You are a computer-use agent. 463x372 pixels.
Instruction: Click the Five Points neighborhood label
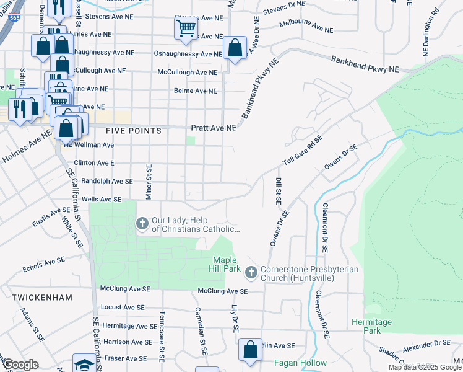coord(134,131)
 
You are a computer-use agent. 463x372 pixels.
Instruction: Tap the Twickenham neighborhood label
coord(41,298)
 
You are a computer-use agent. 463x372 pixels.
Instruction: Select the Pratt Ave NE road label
coord(214,128)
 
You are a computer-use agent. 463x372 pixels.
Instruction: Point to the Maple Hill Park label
coord(225,264)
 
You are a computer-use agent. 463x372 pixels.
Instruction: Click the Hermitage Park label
coord(371,326)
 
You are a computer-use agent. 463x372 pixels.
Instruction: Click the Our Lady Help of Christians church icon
coord(142,223)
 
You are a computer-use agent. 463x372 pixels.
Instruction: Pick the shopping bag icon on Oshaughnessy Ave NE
coord(235,48)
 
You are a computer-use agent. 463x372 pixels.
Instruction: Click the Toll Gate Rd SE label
coord(303,150)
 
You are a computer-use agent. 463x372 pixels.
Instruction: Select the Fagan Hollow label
coord(298,363)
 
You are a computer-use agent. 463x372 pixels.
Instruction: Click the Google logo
coord(20,365)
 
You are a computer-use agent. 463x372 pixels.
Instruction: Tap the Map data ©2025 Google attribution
coord(425,367)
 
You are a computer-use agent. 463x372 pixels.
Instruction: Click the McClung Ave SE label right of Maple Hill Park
coord(222,291)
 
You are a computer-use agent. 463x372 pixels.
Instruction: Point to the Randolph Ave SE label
coord(103,181)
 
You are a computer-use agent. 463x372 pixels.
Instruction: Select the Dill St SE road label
coord(278,192)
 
